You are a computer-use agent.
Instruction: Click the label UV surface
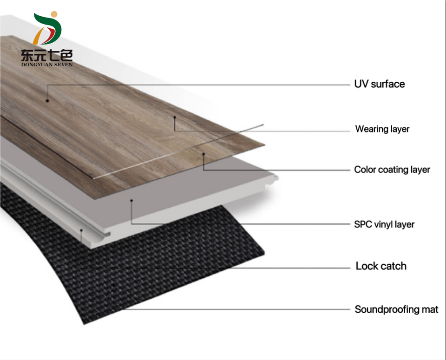point(379,84)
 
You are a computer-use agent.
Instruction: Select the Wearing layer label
point(382,129)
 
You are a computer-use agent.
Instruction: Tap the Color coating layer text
point(392,170)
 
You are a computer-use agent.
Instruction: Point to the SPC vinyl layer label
point(384,224)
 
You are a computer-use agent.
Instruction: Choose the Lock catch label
point(381,266)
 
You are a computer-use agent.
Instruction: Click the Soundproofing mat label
point(396,309)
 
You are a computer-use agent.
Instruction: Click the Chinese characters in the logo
point(46,55)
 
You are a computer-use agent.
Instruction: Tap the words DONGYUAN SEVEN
point(46,64)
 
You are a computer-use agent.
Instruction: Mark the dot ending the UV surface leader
point(47,100)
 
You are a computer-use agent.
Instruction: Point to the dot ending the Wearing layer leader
point(175,117)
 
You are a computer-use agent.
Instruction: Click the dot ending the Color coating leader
point(203,154)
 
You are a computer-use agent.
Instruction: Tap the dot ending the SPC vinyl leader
point(131,201)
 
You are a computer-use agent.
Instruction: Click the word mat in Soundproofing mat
point(430,309)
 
